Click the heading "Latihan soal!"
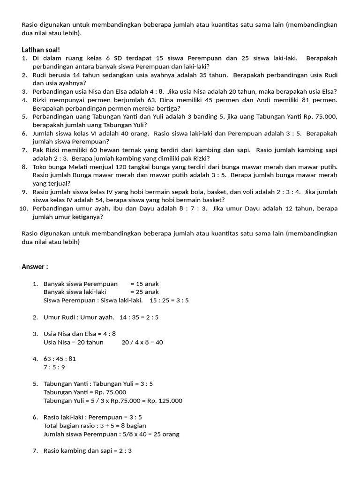click(41, 50)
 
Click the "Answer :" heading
click(35, 267)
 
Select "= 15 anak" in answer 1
click(145, 284)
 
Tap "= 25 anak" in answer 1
click(145, 292)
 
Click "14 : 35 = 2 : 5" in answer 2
click(139, 317)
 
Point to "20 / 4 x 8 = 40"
click(142, 342)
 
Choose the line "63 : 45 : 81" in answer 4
click(60, 359)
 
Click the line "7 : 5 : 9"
click(54, 367)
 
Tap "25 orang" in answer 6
click(167, 435)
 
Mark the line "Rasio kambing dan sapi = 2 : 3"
click(88, 451)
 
